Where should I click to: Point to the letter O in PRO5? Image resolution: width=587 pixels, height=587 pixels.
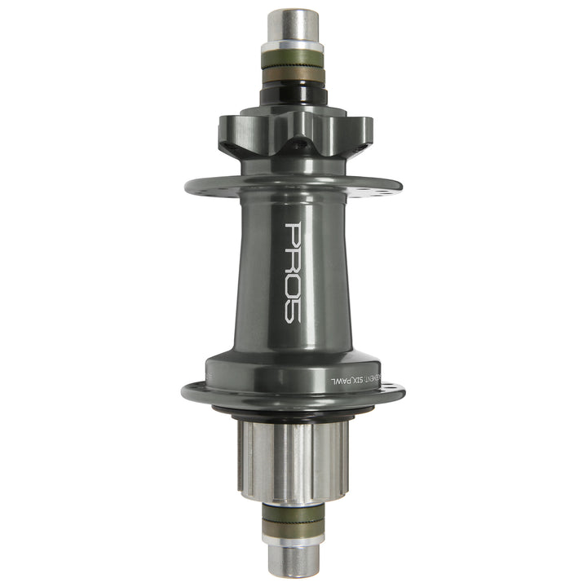coord(293,289)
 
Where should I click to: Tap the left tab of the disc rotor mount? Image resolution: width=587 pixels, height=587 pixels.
coord(232,130)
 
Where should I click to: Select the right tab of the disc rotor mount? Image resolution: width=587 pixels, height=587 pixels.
coord(355,130)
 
